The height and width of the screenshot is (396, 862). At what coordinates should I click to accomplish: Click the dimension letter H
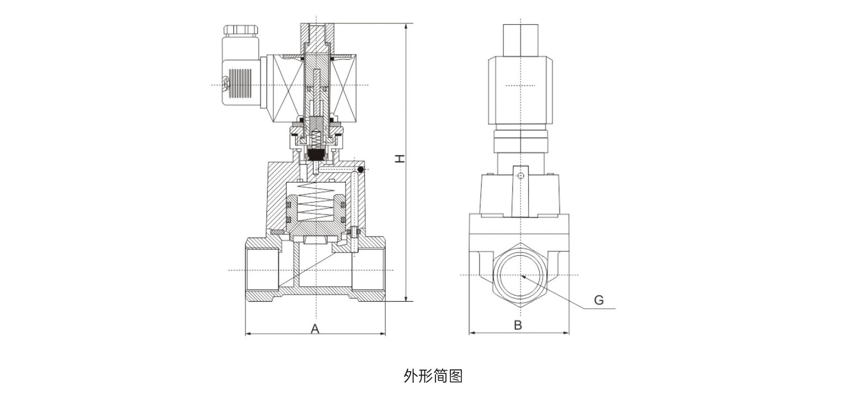(x=401, y=158)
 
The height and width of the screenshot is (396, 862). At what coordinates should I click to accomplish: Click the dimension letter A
(x=315, y=329)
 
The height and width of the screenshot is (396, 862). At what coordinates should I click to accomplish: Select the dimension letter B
(x=518, y=325)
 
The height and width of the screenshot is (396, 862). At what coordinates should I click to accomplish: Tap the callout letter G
(x=599, y=300)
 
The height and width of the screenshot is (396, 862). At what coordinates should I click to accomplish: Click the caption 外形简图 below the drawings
(x=433, y=376)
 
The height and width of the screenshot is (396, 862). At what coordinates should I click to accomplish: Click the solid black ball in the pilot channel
(x=360, y=169)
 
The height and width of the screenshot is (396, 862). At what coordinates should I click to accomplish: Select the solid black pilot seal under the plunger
(x=316, y=154)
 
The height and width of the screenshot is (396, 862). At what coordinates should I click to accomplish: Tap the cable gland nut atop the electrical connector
(x=242, y=30)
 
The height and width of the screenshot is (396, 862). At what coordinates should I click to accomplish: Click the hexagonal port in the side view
(x=520, y=275)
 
